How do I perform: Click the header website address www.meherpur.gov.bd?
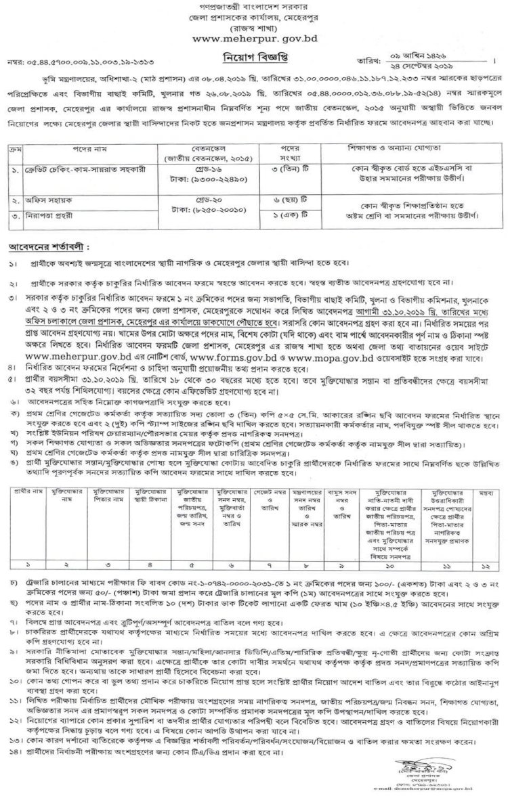pos(253,40)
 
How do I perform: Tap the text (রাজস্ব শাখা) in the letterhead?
pos(253,28)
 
